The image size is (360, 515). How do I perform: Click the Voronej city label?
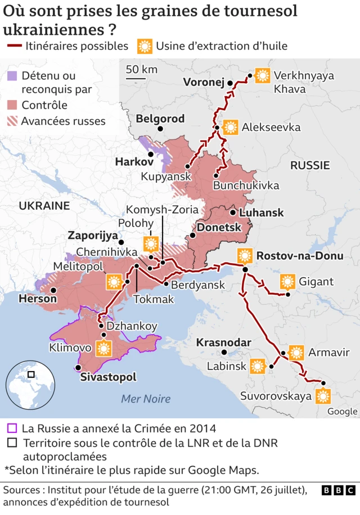(204, 82)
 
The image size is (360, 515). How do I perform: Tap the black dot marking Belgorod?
(160, 129)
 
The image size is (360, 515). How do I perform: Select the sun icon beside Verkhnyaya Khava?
(262, 75)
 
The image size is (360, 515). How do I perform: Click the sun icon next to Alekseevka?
(230, 128)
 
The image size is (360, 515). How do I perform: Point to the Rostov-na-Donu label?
(299, 256)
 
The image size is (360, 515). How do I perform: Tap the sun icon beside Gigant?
(287, 282)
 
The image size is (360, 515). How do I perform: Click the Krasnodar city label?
(223, 342)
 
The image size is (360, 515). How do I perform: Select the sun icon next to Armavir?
(296, 353)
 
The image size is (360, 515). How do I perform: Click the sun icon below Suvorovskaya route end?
(322, 396)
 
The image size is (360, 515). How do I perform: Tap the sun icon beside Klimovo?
(103, 348)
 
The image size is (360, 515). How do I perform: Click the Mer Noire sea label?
(146, 399)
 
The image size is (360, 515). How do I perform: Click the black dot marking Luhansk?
(232, 213)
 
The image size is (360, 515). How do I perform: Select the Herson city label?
(38, 299)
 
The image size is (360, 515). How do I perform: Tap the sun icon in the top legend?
(145, 46)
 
